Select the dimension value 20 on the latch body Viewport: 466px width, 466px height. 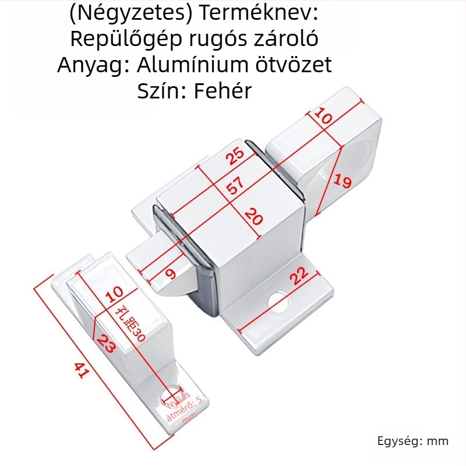tap(254, 218)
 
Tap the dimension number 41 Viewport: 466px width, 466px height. tap(81, 370)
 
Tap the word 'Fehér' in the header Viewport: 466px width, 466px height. tap(224, 90)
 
